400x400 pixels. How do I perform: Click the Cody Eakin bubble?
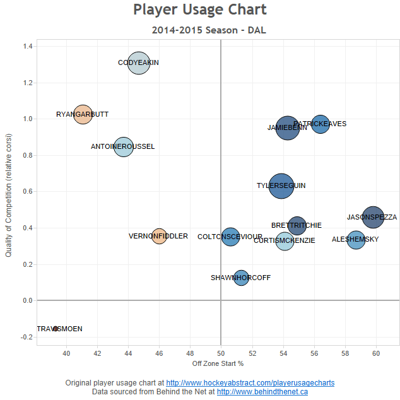point(139,63)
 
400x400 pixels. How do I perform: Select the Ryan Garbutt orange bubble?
point(83,115)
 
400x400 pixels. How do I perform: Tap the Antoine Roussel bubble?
point(124,147)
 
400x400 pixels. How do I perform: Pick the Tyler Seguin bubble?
point(281,186)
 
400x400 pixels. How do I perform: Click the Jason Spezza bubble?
point(373,217)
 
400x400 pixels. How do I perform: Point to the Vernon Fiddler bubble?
point(159,236)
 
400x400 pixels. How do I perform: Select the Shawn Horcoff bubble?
point(241,278)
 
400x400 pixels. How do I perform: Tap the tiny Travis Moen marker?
point(56,329)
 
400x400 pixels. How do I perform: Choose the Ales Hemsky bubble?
point(356,240)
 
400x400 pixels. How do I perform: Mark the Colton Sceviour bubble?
point(231,237)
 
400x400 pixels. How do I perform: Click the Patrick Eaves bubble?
point(321,124)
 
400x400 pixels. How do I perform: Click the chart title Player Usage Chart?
point(200,10)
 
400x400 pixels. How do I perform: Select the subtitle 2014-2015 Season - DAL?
point(200,30)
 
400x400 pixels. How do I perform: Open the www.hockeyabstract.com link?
point(250,383)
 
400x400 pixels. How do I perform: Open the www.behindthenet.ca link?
point(262,392)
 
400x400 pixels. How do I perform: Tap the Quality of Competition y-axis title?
point(9,195)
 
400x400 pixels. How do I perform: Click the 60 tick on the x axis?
point(376,353)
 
